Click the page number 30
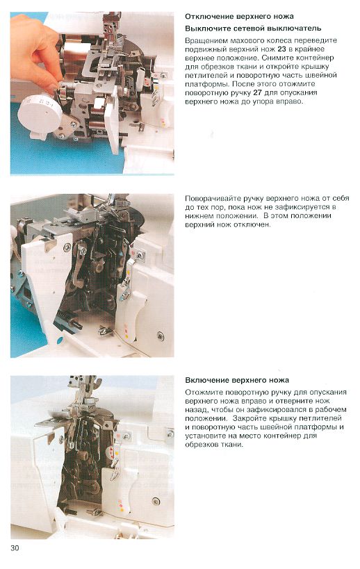tap(15, 548)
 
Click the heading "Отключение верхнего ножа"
tap(239, 17)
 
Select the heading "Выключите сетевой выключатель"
tap(253, 28)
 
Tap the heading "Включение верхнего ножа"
tap(237, 380)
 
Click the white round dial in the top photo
tap(40, 113)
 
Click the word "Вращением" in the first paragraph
tap(206, 40)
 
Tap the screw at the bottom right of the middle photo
tap(160, 336)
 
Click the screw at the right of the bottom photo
tap(156, 501)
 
